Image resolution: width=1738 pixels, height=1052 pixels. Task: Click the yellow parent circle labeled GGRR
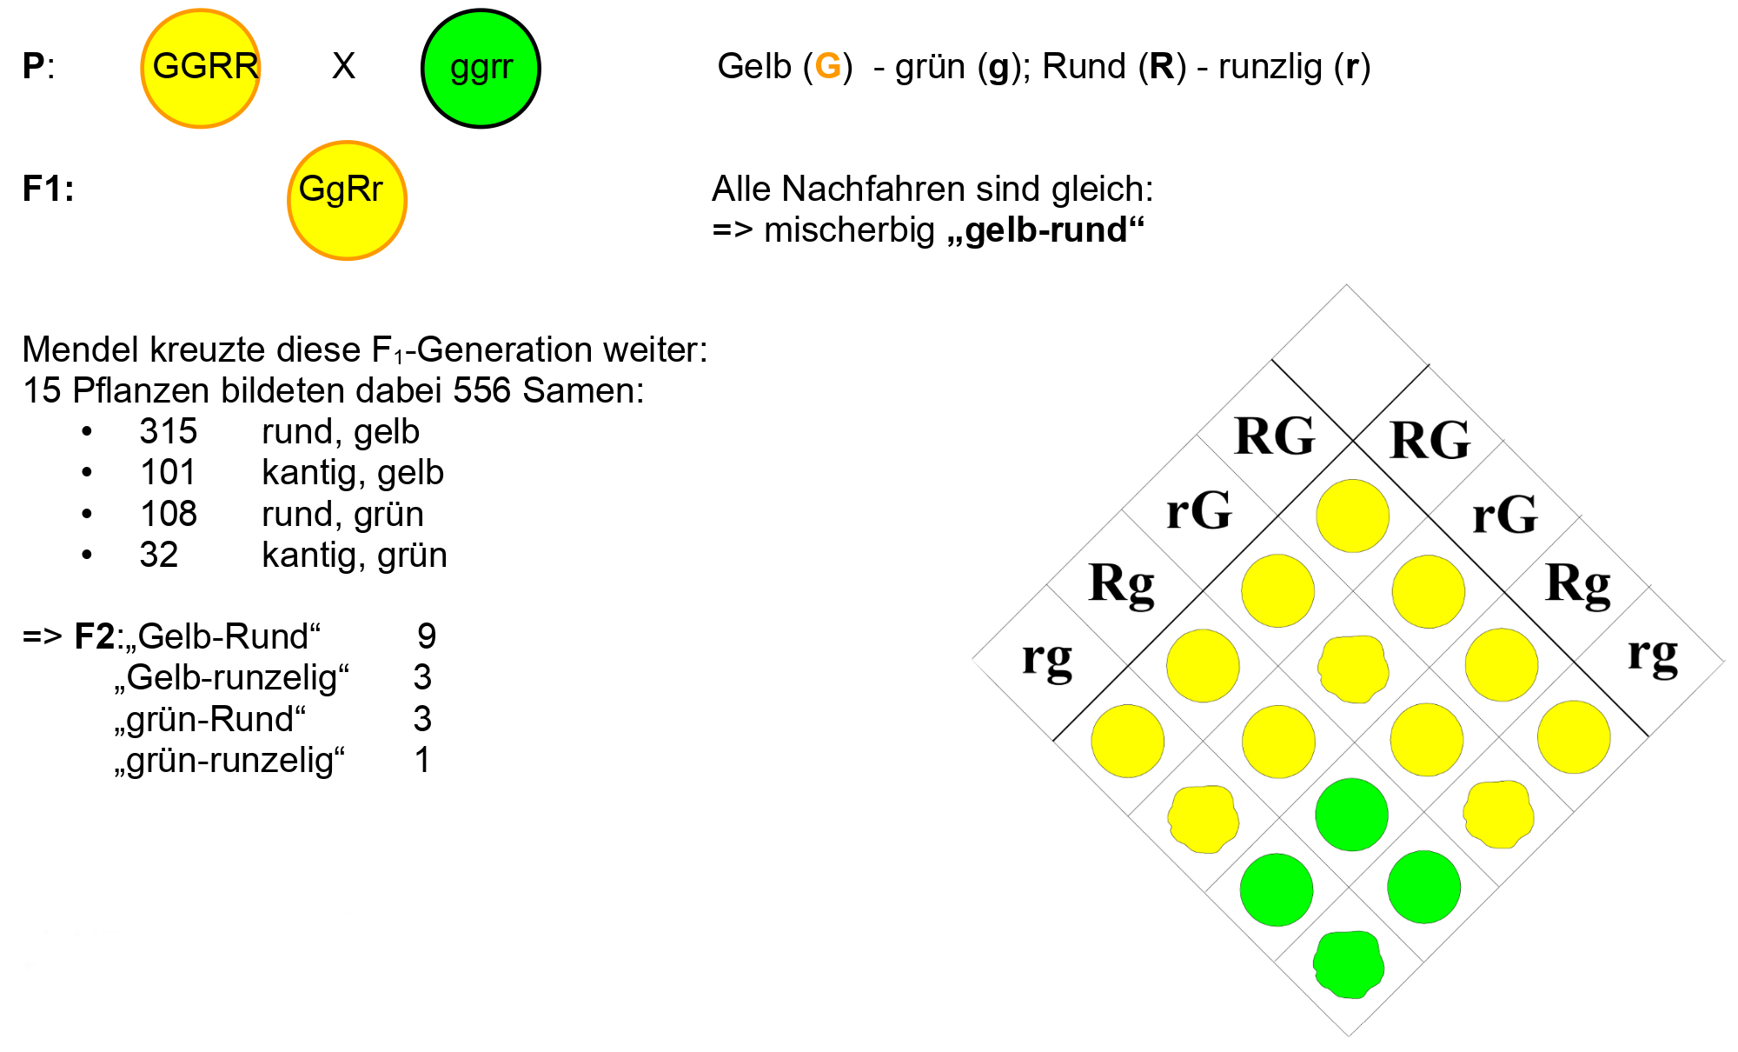coord(201,69)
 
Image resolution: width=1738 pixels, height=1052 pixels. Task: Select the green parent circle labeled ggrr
coord(481,69)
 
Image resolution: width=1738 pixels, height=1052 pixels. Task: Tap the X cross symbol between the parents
coord(343,66)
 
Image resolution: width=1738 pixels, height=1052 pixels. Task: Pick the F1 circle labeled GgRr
coord(347,201)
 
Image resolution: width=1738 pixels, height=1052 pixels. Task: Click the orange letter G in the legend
coord(828,67)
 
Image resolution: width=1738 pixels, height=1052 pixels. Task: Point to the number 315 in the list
coord(169,431)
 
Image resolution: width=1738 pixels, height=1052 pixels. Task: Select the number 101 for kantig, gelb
coord(169,473)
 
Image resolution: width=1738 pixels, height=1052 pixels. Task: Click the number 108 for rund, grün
coord(169,514)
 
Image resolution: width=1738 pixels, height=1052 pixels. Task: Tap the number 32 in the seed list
coord(159,555)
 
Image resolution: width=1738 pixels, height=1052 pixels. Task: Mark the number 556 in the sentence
coord(481,390)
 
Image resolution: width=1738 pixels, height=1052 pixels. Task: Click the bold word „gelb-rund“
coord(1045,230)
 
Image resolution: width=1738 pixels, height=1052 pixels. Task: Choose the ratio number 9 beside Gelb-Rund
coord(427,636)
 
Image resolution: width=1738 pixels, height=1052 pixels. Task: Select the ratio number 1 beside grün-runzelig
coord(422,760)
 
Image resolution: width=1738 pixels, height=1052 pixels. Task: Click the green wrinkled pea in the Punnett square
coord(1349,964)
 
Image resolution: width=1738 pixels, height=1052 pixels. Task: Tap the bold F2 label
coord(95,636)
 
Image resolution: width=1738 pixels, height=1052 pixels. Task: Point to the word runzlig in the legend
coord(1270,67)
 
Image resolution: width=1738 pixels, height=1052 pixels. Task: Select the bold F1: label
coord(48,189)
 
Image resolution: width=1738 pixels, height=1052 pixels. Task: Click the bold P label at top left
coord(34,67)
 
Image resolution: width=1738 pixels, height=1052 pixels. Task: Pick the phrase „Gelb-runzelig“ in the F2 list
coord(231,677)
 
